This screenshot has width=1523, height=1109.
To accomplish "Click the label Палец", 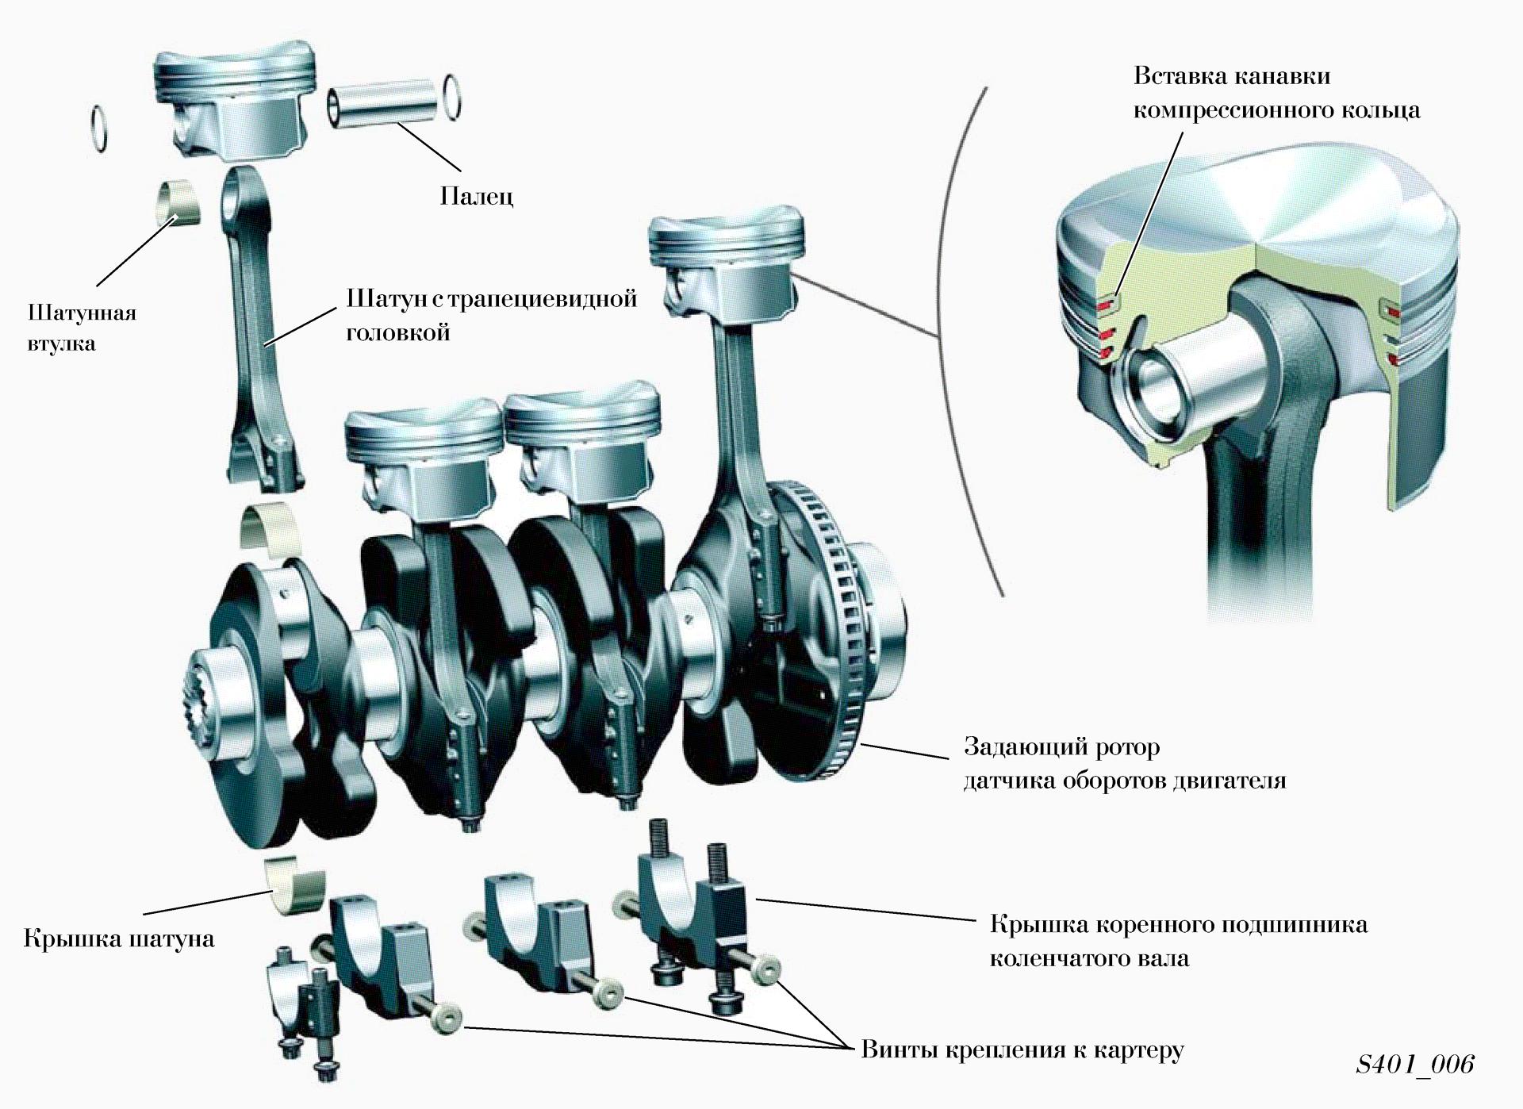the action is (x=477, y=196).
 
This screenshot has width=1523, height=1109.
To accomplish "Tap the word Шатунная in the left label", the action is (x=82, y=312).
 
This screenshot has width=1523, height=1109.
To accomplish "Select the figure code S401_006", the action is (x=1415, y=1064).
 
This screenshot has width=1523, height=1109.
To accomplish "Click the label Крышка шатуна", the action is (x=119, y=938).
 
